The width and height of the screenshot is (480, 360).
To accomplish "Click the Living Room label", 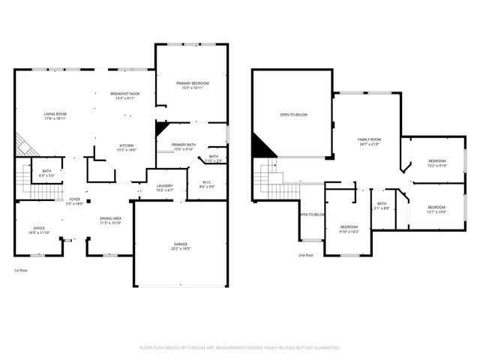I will pyautogui.click(x=55, y=116).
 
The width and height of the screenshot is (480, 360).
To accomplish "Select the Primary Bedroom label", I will pyautogui.click(x=192, y=85).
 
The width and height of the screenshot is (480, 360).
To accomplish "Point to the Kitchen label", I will pyautogui.click(x=126, y=148).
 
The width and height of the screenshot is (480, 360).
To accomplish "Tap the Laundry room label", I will pyautogui.click(x=165, y=188).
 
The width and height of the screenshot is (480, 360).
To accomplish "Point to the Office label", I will pyautogui.click(x=39, y=230).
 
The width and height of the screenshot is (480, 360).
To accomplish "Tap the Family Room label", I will pyautogui.click(x=369, y=142).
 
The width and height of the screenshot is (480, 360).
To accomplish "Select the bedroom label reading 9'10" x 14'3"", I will pyautogui.click(x=349, y=229).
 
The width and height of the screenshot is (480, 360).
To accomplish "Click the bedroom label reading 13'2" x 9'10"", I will pyautogui.click(x=436, y=163).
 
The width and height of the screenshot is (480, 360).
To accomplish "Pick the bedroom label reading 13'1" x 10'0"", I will pyautogui.click(x=436, y=209).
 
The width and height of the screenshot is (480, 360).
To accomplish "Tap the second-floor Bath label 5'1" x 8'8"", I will pyautogui.click(x=382, y=205).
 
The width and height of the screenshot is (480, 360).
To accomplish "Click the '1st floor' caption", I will pyautogui.click(x=22, y=270).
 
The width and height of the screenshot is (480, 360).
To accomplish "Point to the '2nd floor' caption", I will pyautogui.click(x=305, y=255).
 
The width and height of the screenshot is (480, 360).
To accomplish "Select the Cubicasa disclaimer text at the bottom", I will pyautogui.click(x=240, y=348).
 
